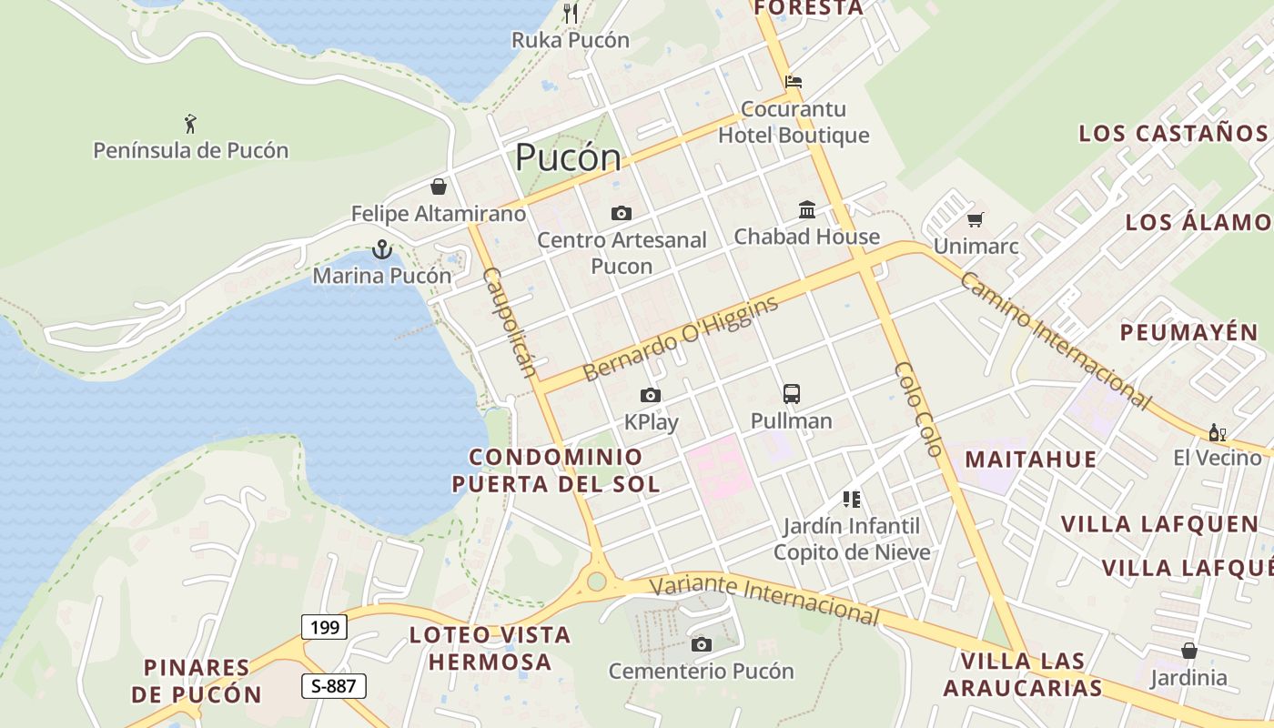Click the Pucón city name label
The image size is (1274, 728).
(x=568, y=157)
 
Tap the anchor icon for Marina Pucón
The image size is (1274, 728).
(x=382, y=248)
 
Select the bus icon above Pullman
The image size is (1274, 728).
(x=792, y=394)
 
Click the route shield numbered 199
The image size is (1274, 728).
(x=324, y=626)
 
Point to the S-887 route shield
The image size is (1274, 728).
(x=334, y=685)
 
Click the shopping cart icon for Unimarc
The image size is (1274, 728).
(x=976, y=219)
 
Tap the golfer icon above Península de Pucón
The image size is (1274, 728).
(x=190, y=123)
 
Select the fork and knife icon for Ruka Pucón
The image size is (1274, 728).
(x=571, y=13)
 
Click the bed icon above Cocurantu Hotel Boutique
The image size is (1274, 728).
(x=794, y=82)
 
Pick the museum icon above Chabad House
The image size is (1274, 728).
(x=806, y=210)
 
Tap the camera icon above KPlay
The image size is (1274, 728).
(x=651, y=395)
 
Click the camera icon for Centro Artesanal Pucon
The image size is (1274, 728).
(x=622, y=214)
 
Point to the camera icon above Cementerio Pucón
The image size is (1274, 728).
(x=701, y=644)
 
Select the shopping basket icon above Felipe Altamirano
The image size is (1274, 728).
(x=439, y=187)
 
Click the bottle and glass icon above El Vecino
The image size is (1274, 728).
(x=1217, y=431)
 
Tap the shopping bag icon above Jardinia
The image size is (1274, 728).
(x=1188, y=651)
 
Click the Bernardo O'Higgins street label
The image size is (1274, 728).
(x=681, y=339)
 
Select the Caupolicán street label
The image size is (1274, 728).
(x=510, y=320)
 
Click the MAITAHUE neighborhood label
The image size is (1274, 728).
(x=1030, y=459)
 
